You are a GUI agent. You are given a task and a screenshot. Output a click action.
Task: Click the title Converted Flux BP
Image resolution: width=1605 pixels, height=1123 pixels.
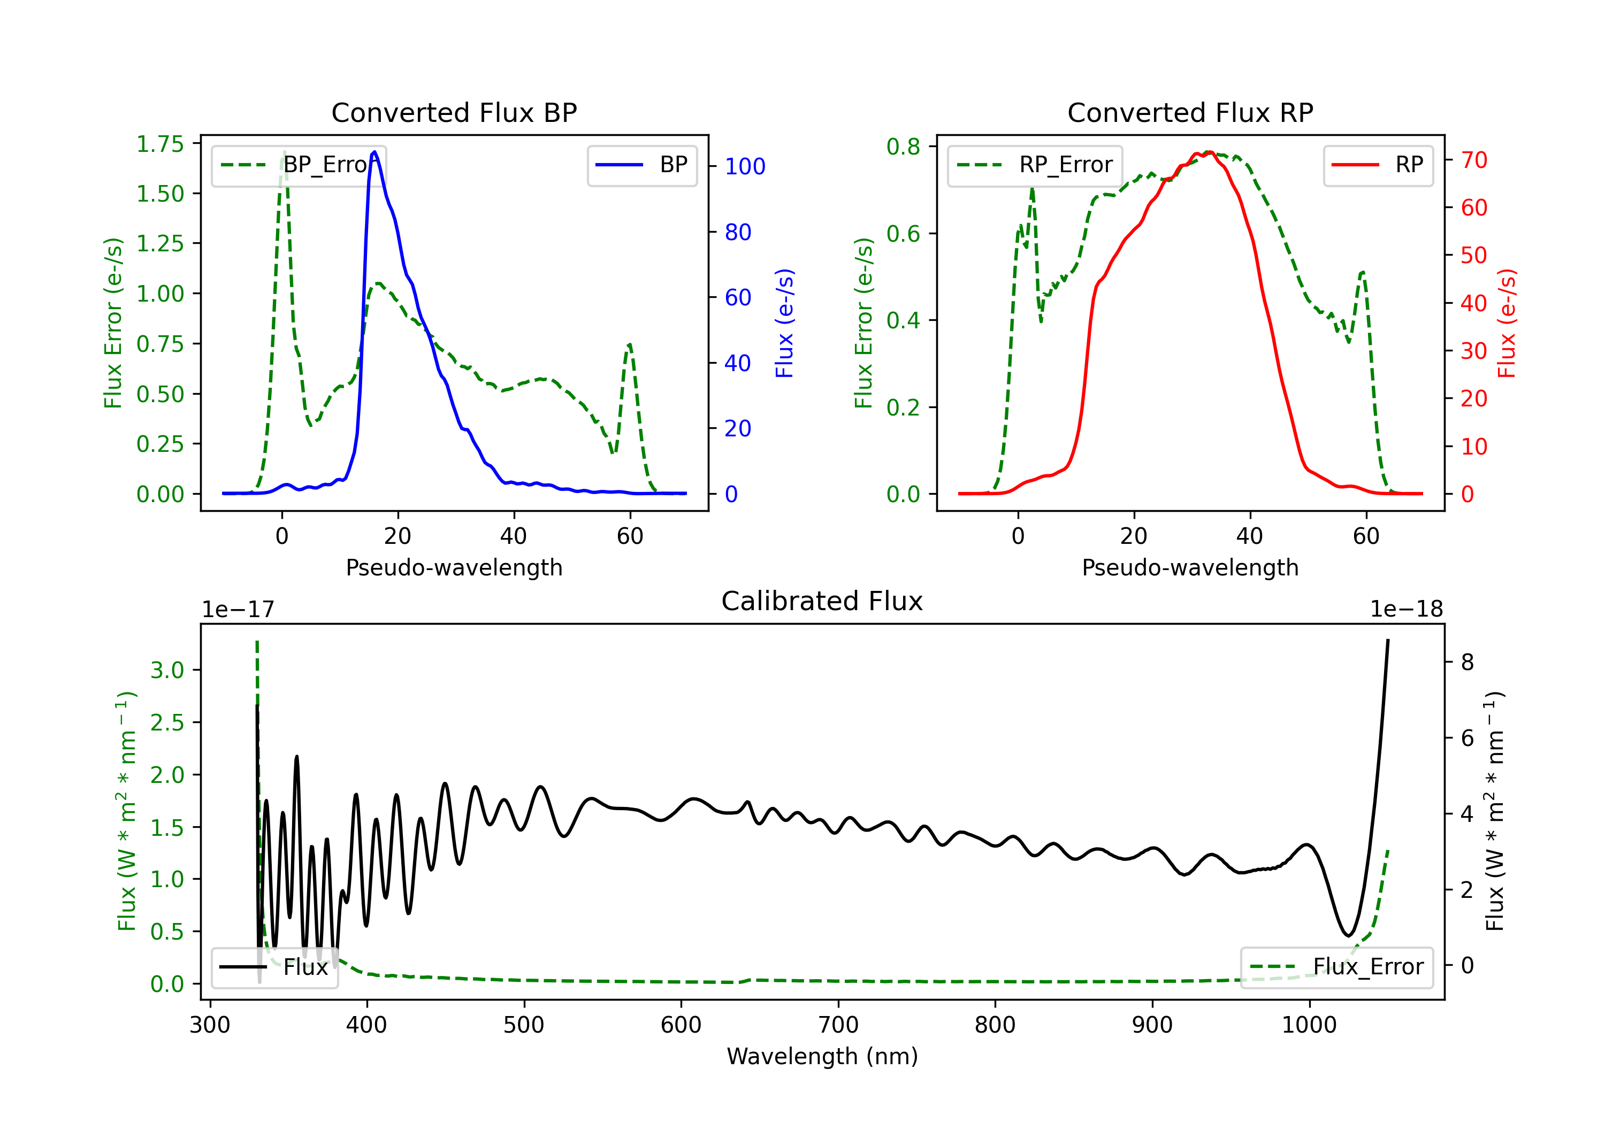454,112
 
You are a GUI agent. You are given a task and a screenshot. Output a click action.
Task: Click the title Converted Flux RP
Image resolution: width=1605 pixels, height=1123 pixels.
1190,112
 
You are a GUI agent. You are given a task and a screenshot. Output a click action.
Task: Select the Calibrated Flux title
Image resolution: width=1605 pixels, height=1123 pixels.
822,601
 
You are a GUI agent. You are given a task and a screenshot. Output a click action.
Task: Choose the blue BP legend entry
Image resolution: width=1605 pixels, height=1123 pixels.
641,165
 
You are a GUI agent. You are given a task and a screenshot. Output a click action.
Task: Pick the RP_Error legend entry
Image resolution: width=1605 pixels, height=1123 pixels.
1035,165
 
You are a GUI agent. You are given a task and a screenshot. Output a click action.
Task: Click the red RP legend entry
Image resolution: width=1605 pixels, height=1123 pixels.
1378,165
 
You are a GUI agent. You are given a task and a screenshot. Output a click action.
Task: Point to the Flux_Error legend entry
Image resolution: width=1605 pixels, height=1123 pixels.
1336,967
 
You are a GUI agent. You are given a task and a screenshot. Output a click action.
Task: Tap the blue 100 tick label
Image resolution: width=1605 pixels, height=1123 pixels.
745,166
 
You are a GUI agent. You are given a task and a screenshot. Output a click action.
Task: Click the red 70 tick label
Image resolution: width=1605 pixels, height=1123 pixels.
1474,160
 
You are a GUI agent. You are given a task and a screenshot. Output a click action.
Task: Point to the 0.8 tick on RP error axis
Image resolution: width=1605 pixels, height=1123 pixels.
903,147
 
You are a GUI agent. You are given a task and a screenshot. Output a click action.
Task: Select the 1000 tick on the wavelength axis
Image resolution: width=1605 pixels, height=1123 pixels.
1309,1025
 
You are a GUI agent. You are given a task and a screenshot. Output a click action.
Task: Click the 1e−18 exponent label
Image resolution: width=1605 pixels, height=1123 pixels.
1407,610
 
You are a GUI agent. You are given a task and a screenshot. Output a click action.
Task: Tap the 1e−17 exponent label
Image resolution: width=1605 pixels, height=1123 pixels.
239,610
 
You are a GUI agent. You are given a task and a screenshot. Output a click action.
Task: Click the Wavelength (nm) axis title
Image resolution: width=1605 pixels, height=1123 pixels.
822,1056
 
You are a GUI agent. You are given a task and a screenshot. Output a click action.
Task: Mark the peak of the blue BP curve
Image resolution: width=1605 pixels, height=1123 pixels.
374,152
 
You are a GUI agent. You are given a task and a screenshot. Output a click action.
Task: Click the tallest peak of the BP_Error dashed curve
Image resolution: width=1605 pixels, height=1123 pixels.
284,152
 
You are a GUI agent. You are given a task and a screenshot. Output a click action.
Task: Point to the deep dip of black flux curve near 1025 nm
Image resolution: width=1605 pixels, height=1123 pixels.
1348,935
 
